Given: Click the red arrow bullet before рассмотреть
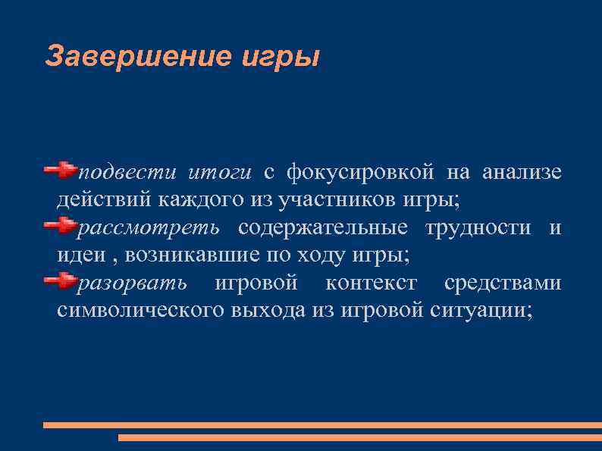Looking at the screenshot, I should (61, 226).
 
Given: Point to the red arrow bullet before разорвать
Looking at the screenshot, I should (61, 281).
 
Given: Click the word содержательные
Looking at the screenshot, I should (323, 228).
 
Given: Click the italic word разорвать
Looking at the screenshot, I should (132, 283).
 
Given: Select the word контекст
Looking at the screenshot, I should (371, 283).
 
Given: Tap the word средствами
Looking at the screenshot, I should (503, 283).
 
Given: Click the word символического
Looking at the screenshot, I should (141, 311).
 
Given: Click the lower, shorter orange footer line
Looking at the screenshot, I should (359, 438).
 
